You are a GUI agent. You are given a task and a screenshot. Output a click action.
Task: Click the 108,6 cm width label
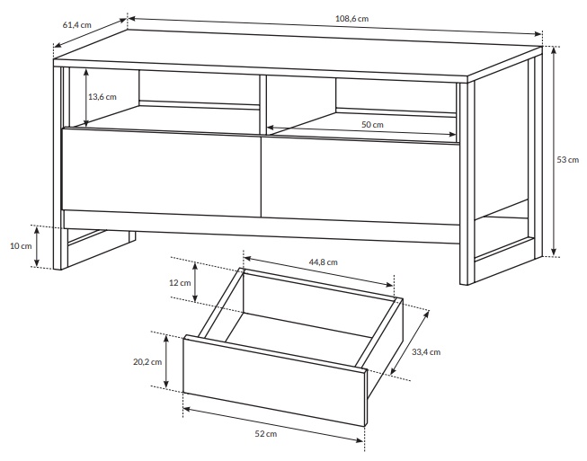tap(351, 18)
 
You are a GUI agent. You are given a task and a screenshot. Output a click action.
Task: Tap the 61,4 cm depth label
tap(76, 25)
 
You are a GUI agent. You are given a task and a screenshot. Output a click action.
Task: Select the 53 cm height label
tap(567, 160)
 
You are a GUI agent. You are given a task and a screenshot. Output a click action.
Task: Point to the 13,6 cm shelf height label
tap(102, 97)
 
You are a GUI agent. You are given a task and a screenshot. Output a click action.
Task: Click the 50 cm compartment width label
tap(372, 125)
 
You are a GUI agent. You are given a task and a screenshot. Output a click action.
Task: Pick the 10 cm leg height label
tap(21, 246)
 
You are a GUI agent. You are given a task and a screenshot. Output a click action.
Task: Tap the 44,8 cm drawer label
tap(323, 262)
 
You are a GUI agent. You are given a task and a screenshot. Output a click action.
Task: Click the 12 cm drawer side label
tap(180, 283)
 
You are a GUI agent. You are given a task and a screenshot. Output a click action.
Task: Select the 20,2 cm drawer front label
tap(147, 362)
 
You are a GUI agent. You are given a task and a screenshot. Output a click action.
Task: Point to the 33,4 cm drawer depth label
tap(426, 352)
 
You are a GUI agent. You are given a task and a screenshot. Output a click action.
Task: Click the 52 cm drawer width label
tap(266, 434)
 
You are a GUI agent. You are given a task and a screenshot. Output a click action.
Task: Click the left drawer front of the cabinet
tap(161, 173)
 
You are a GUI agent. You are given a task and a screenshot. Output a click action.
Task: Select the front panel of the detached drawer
tap(274, 380)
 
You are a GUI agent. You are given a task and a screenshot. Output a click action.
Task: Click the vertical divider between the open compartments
tap(262, 104)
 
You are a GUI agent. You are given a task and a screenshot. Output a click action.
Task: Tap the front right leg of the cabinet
tap(467, 183)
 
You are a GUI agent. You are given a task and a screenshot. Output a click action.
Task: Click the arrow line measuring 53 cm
tap(554, 152)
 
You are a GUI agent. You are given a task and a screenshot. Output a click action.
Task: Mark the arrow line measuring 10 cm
tap(37, 247)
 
